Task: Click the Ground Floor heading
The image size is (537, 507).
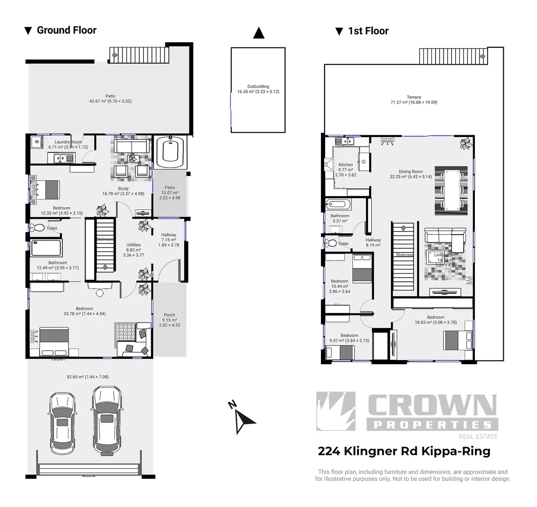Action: click(66, 31)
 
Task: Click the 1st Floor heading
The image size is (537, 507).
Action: click(368, 31)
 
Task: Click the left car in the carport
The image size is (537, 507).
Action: click(62, 422)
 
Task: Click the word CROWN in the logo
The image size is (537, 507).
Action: click(431, 406)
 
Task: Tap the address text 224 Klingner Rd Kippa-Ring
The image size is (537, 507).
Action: click(404, 451)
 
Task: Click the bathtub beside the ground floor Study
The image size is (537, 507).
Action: click(170, 152)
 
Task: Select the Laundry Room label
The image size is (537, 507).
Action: click(68, 142)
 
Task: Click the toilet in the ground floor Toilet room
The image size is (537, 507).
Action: click(37, 228)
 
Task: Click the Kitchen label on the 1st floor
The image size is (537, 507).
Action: click(345, 165)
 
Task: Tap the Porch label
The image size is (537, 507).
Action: click(170, 315)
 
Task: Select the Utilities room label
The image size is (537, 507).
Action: click(133, 245)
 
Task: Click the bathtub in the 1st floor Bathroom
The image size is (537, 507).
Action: click(338, 205)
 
